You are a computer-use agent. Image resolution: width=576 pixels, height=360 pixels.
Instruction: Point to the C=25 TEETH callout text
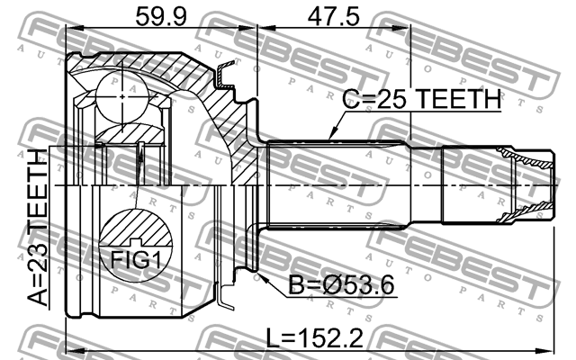pyautogui.click(x=420, y=102)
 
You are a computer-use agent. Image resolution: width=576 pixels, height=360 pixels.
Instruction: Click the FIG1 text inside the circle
pyautogui.click(x=133, y=261)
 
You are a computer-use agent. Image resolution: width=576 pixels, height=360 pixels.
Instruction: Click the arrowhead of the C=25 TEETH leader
pyautogui.click(x=331, y=137)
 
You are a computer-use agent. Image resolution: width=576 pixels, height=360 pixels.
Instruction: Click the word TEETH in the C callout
pyautogui.click(x=458, y=102)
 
